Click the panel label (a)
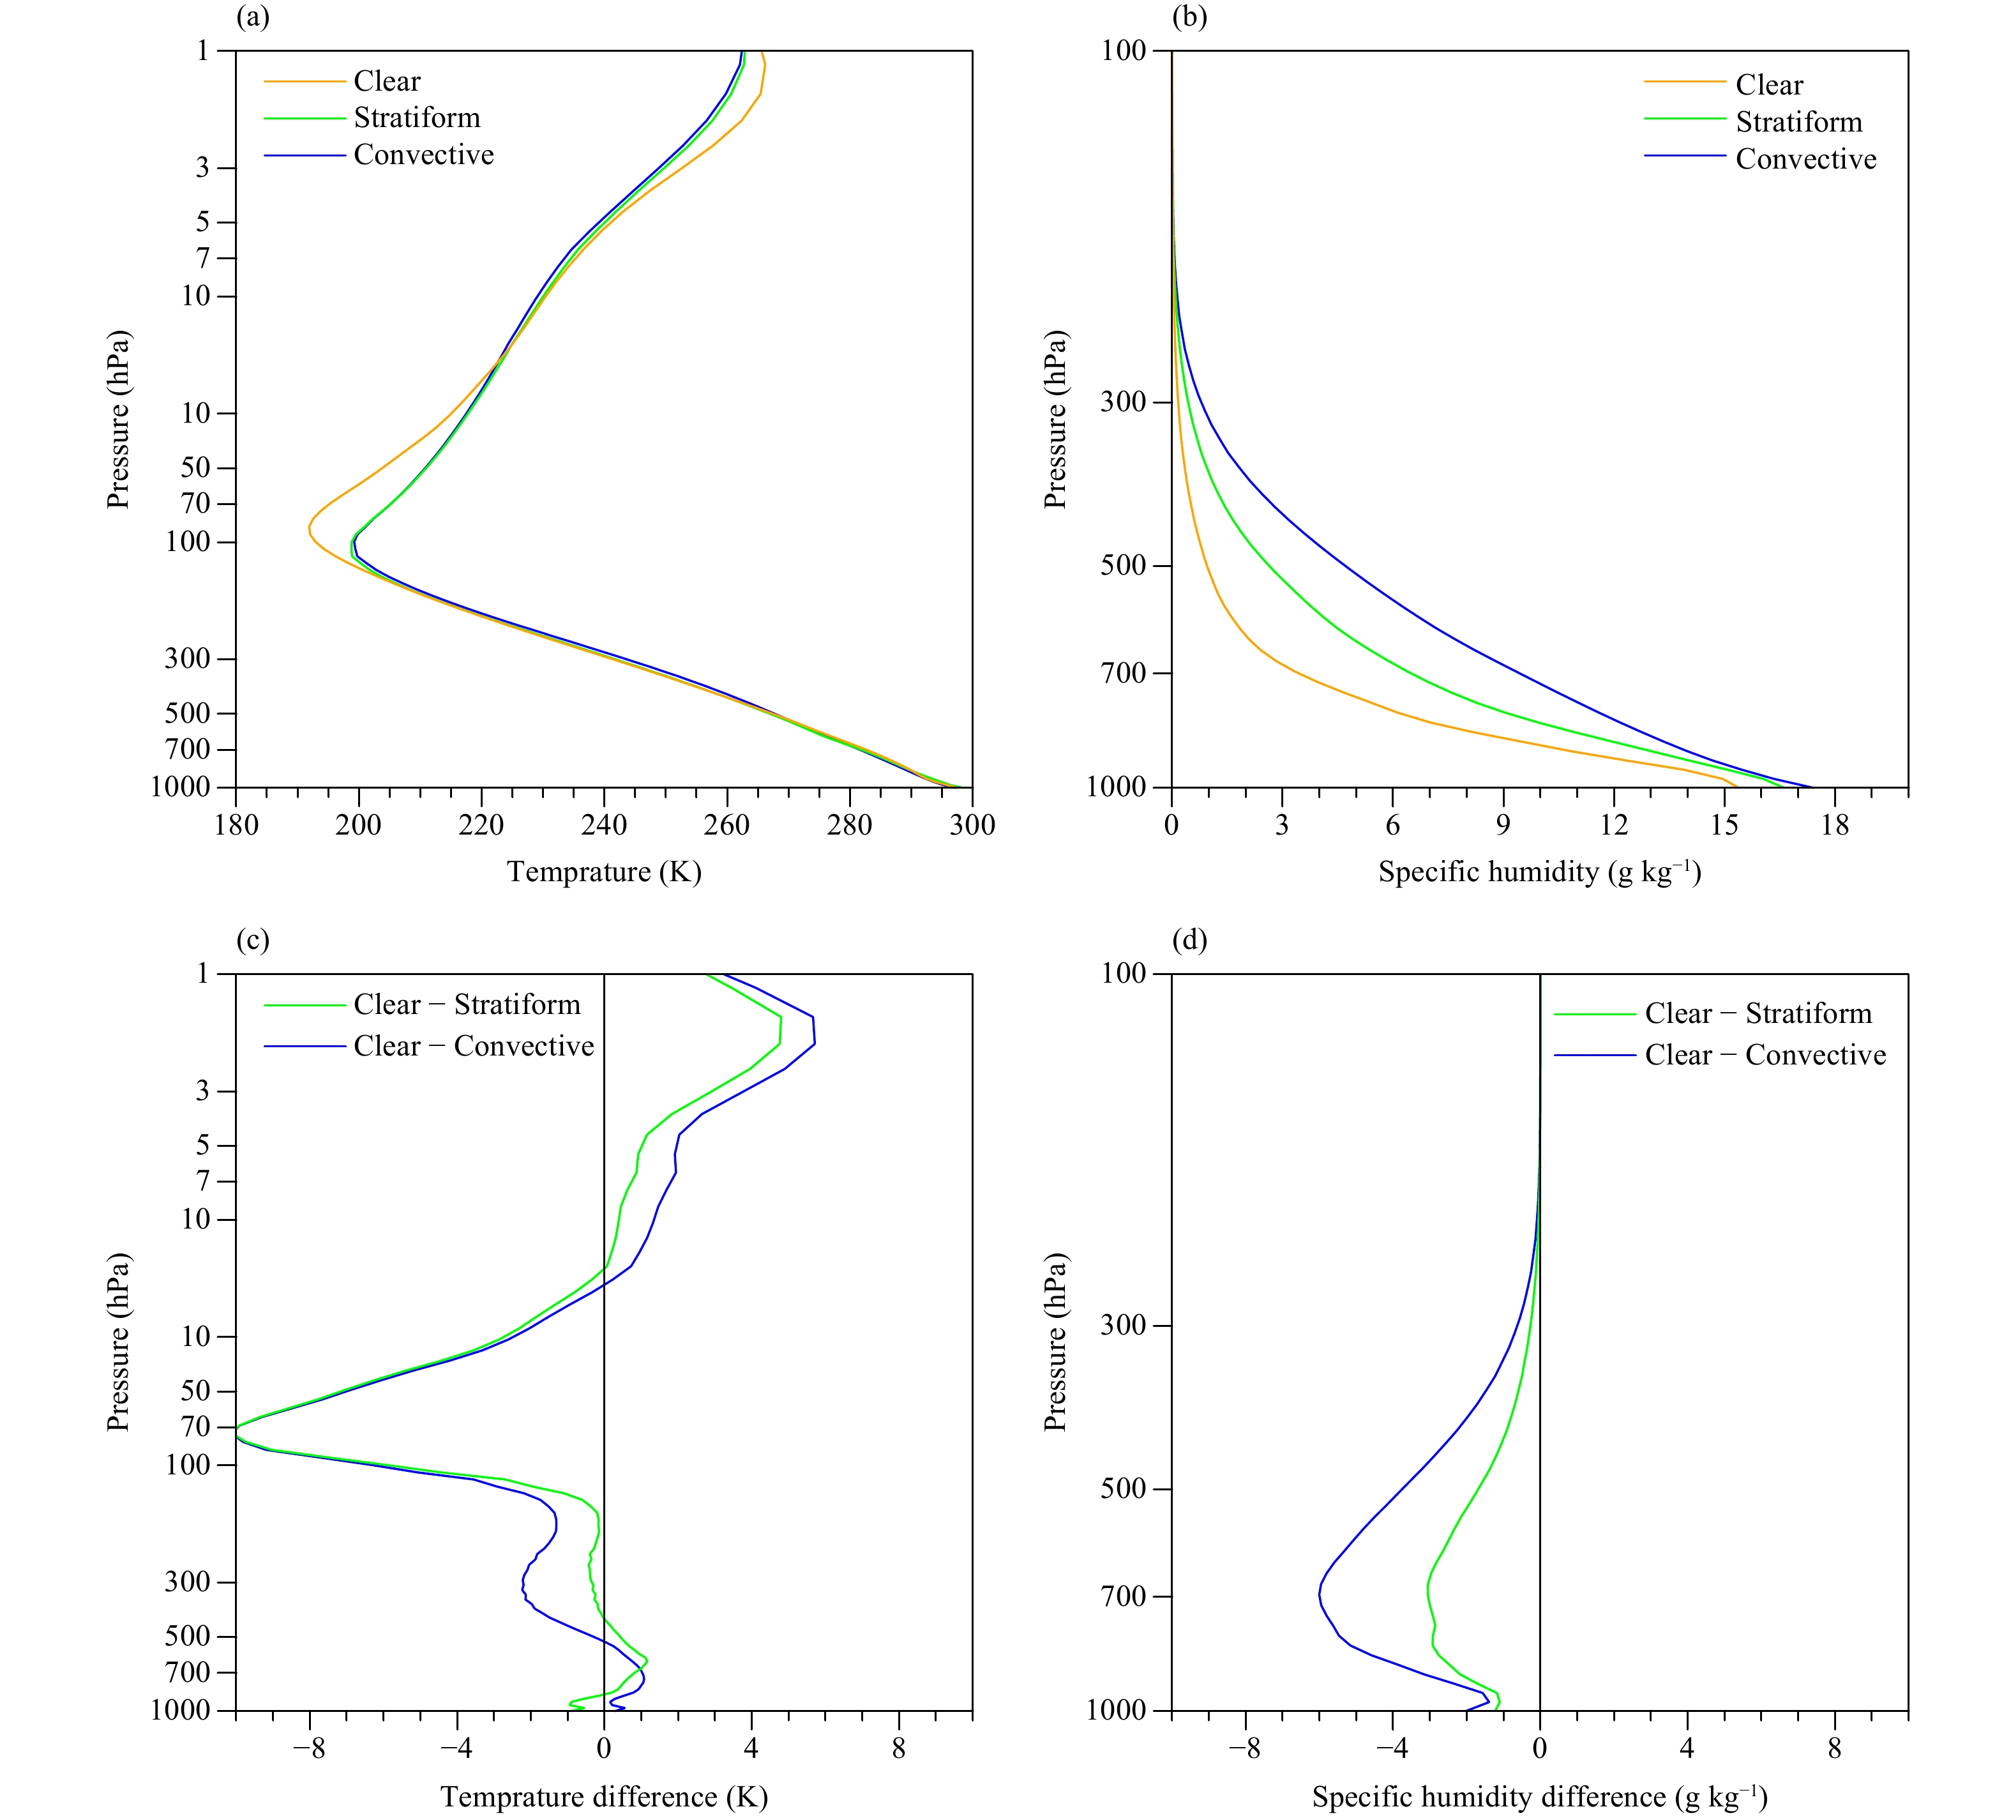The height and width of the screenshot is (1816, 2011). [252, 17]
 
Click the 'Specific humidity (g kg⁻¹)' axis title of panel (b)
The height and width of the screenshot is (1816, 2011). [1539, 872]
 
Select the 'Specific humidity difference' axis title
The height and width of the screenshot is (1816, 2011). [1539, 1796]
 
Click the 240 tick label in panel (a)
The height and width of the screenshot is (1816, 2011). [603, 825]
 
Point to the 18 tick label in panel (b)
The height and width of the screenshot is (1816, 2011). [1834, 825]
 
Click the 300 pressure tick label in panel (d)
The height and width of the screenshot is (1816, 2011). [1123, 1325]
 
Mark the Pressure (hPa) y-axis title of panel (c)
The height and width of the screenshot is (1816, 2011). [119, 1342]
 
